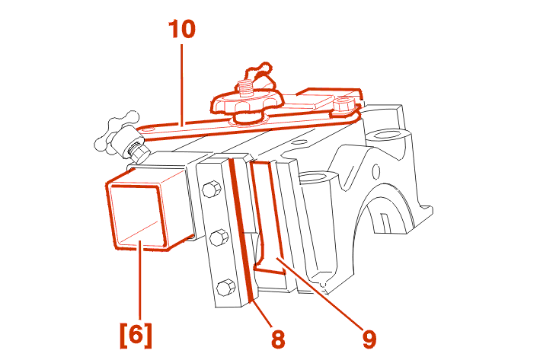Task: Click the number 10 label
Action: [x=182, y=29]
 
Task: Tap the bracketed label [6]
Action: [x=136, y=335]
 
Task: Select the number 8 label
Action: [x=278, y=339]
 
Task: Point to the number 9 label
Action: [x=369, y=339]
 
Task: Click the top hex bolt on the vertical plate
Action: [x=209, y=189]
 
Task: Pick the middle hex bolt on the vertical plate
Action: [x=219, y=237]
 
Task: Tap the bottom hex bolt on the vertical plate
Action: [x=227, y=287]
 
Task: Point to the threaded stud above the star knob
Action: [x=245, y=88]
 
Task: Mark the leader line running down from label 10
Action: [x=181, y=84]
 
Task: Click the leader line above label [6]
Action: [x=139, y=280]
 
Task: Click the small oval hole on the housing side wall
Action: [x=376, y=171]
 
